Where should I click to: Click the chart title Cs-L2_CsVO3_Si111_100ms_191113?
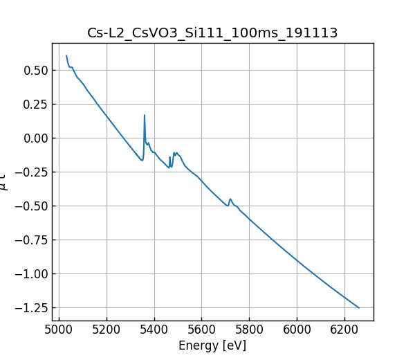[212, 33]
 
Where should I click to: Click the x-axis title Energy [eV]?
[212, 345]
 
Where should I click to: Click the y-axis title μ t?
[6, 182]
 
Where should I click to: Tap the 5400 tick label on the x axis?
[154, 330]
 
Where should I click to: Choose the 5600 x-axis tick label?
[202, 330]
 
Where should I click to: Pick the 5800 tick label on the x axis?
[249, 330]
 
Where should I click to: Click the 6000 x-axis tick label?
[297, 330]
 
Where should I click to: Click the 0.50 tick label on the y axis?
[35, 71]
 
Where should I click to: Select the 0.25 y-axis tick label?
[35, 105]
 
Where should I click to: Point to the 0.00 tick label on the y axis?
[35, 138]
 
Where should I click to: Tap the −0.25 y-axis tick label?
[31, 172]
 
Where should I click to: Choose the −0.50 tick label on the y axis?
[31, 206]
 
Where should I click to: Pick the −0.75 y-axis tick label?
[31, 240]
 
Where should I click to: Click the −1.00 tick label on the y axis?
[31, 274]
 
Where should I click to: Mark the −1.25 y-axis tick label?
[31, 308]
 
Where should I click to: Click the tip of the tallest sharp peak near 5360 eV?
[145, 116]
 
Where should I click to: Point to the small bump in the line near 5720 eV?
[230, 199]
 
